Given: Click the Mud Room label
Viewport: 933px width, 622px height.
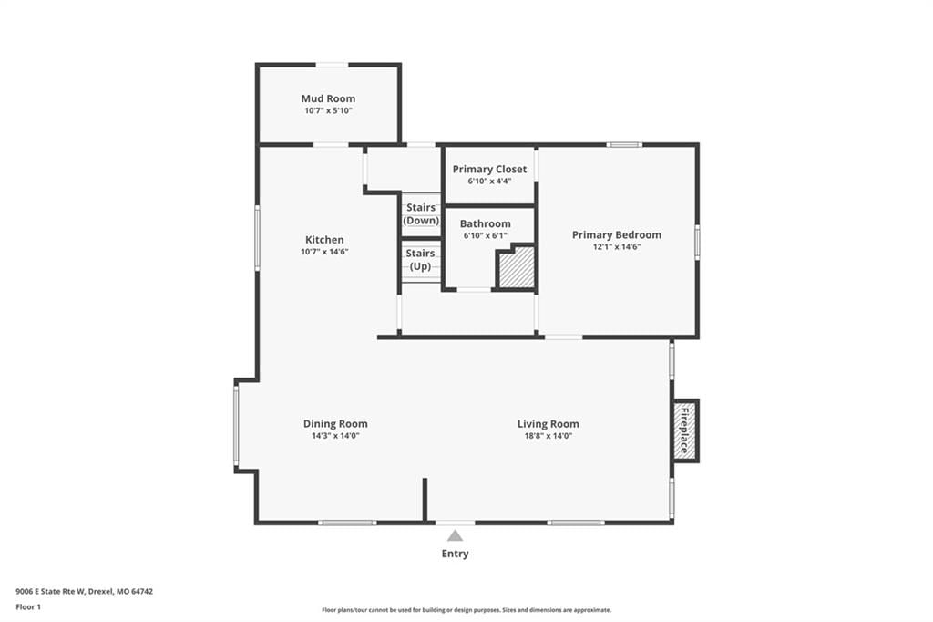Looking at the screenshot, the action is [328, 98].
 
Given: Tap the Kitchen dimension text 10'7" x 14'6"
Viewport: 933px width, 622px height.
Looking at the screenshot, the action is [324, 252].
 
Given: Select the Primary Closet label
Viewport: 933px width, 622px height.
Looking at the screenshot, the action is [489, 170].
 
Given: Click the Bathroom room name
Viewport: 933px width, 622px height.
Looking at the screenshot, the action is [485, 223].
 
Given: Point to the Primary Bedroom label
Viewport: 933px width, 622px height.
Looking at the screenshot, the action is [617, 234].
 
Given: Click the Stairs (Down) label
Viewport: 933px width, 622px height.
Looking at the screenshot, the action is [421, 214].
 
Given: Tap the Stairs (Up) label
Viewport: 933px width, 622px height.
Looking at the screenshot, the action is [420, 260].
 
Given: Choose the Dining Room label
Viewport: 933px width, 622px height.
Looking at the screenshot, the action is [335, 423].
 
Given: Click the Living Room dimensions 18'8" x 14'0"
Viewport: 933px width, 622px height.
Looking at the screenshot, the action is [548, 436].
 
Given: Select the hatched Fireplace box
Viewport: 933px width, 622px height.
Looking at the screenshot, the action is [685, 430].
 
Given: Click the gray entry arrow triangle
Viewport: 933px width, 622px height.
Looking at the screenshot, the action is [456, 535].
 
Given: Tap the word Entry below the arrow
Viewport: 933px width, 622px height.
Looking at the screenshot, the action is [456, 554].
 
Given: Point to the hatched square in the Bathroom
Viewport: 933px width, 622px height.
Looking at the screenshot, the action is [516, 268].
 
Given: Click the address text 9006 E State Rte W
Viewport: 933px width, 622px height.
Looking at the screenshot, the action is [51, 592].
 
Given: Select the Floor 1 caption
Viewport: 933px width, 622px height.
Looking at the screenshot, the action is [28, 607].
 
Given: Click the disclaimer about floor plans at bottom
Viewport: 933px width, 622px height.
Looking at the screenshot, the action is [466, 610].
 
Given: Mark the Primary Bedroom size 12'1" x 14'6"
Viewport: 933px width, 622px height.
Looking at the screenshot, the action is [617, 246].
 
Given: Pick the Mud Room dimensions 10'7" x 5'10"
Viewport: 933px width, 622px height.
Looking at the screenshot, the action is [328, 111].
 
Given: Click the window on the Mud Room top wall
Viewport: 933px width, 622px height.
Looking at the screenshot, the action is [332, 65].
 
